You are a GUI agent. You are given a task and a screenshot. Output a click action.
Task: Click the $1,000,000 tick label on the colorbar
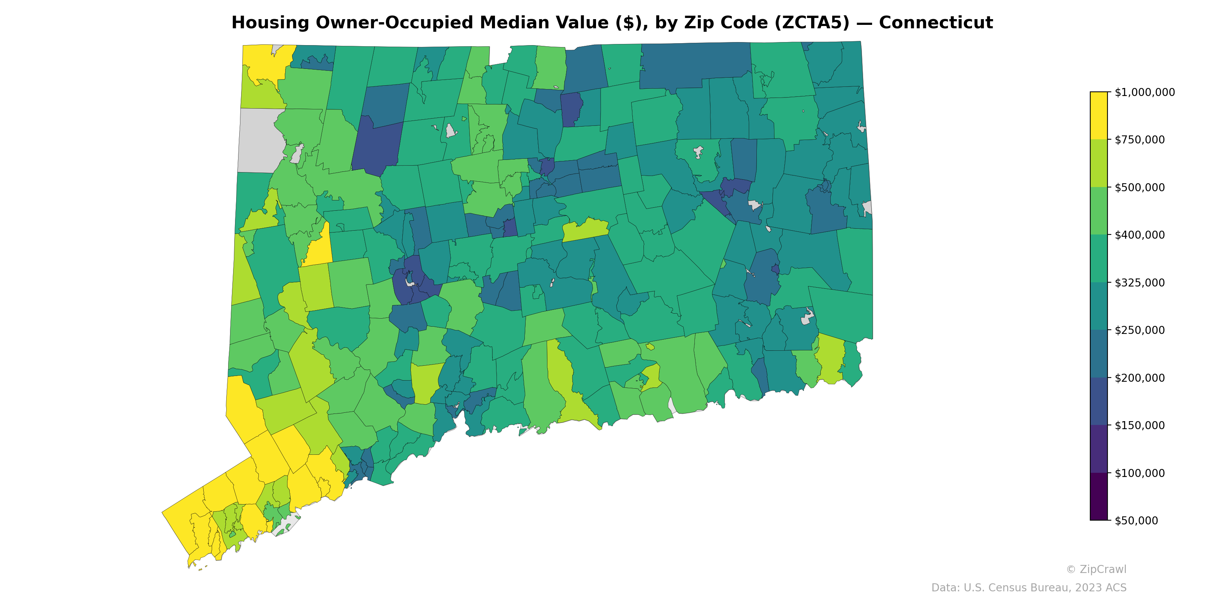click(1145, 92)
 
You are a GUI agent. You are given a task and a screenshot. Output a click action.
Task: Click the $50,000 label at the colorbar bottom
click(1137, 521)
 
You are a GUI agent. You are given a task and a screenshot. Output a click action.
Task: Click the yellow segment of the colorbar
click(1099, 116)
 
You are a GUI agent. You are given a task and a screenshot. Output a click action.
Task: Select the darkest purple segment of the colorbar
click(1099, 496)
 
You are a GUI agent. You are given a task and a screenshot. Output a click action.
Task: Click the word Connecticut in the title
click(935, 23)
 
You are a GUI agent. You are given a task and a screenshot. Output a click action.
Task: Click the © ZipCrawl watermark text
click(1096, 569)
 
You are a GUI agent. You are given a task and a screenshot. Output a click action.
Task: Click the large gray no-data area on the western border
click(259, 140)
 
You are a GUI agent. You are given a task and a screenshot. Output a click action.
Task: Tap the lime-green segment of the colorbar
click(1099, 163)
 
